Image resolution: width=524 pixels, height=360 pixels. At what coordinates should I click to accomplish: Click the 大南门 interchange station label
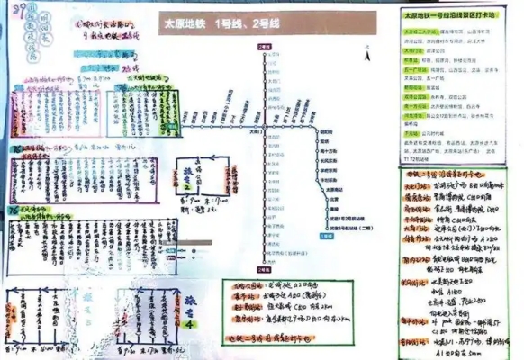(x=257, y=131)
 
